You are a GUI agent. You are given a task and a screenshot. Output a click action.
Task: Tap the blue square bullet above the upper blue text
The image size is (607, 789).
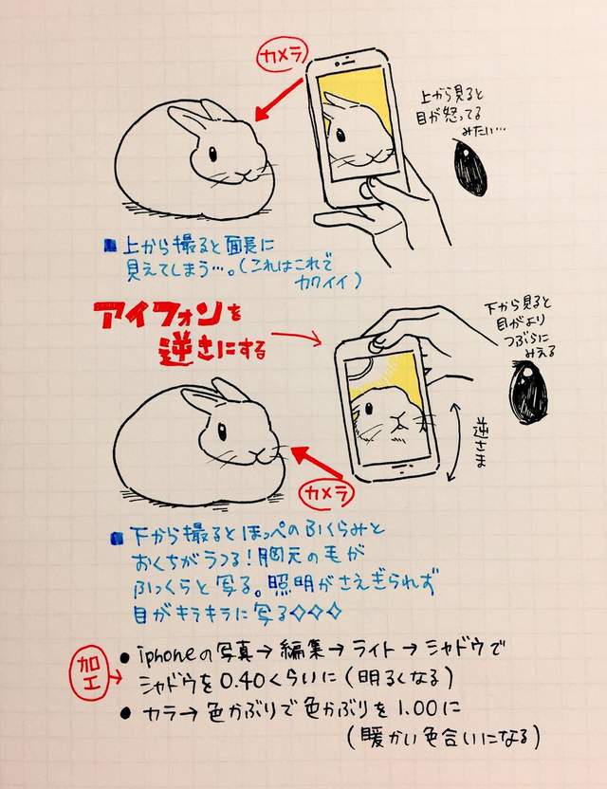tap(111, 244)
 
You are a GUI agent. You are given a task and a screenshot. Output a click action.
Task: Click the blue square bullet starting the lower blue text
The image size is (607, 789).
tap(115, 539)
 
